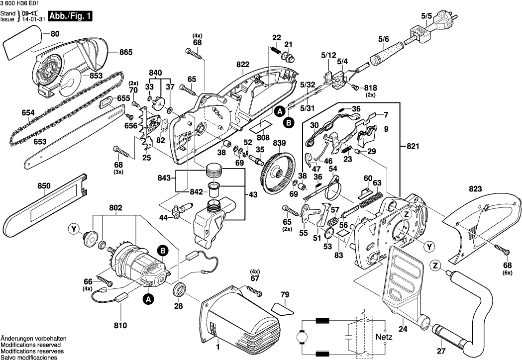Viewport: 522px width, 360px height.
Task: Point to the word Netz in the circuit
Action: point(384,337)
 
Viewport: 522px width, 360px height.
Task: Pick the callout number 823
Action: point(475,189)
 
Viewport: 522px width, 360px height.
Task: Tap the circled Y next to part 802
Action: point(75,229)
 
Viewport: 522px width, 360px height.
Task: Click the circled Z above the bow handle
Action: point(436,267)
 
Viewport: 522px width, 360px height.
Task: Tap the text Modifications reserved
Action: point(31,345)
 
